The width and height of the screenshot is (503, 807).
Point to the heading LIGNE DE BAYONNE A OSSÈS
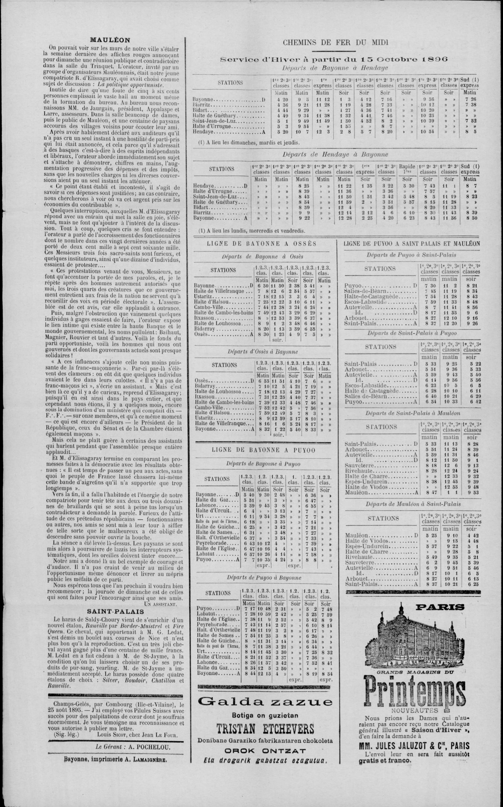click(261, 244)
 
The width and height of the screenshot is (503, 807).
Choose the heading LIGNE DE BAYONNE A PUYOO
click(264, 450)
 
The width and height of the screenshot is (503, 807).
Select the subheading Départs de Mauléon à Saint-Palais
click(413, 504)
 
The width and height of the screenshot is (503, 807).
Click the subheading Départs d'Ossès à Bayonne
click(263, 352)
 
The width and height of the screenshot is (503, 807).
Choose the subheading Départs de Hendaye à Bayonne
click(335, 154)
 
